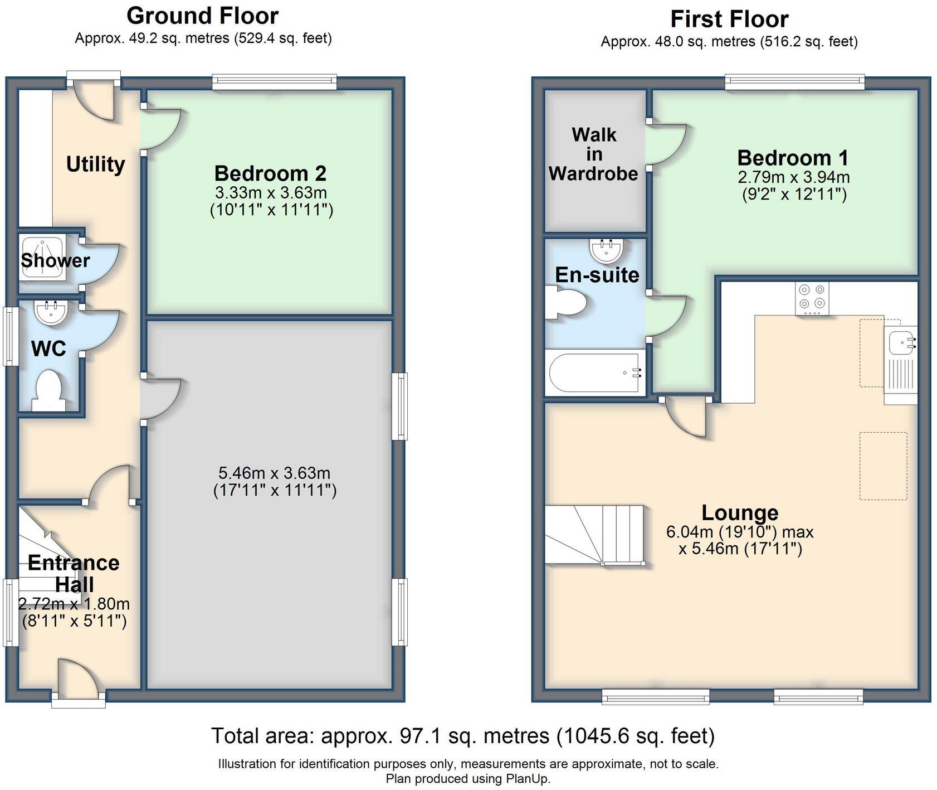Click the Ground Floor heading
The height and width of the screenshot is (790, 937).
[203, 16]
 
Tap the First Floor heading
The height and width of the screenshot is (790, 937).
[729, 19]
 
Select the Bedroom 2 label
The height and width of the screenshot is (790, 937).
[270, 173]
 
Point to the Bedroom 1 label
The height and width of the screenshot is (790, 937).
[793, 158]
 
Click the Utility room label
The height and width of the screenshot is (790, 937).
[95, 164]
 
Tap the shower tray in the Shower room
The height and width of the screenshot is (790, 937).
[43, 257]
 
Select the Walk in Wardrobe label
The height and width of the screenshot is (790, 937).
[594, 154]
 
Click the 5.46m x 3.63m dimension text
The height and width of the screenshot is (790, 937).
[275, 473]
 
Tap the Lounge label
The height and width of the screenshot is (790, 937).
[740, 512]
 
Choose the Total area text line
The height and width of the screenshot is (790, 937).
[463, 736]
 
